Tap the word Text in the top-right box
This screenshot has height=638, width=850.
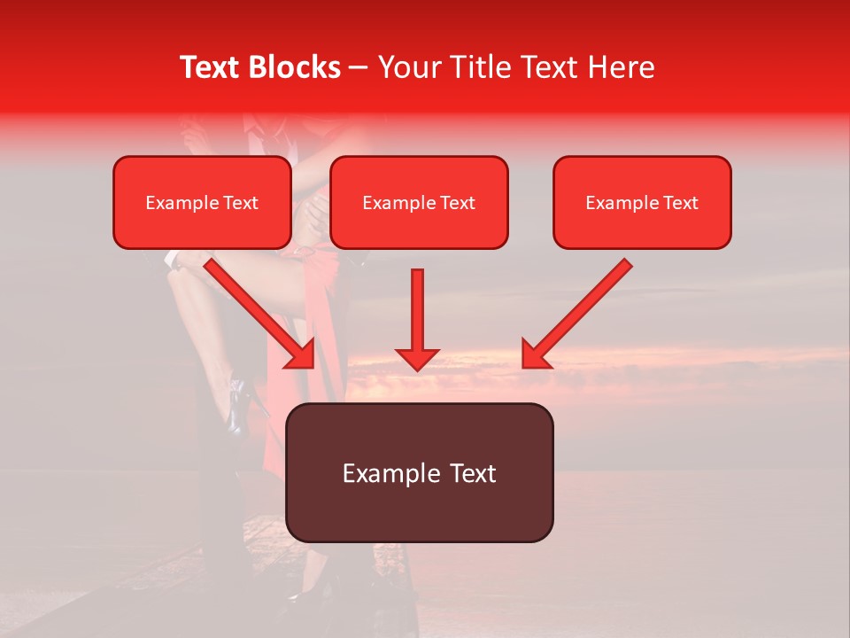[680, 203]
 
